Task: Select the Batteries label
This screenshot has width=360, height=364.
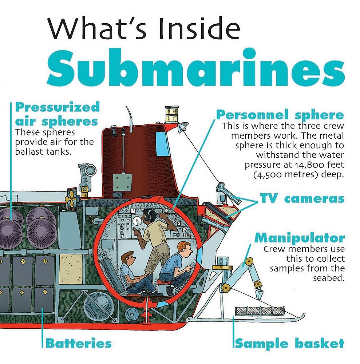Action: tap(78, 343)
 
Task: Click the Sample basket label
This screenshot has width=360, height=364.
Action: tap(289, 343)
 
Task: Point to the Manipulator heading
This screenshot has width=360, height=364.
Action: tap(299, 238)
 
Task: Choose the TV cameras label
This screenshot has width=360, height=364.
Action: tap(302, 199)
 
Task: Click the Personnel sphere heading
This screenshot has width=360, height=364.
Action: tap(280, 115)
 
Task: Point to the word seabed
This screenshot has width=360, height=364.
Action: tap(329, 278)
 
